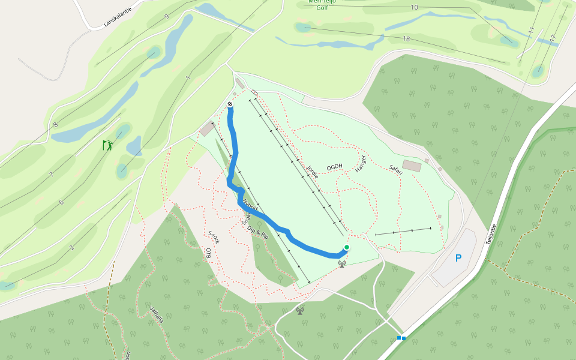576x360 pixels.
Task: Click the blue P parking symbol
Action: tap(458, 259)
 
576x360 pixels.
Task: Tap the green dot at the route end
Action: tap(346, 247)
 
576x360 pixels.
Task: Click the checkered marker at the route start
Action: tap(230, 104)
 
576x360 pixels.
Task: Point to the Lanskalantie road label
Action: tap(117, 16)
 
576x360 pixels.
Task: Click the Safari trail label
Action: tap(395, 169)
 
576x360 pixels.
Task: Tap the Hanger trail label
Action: tap(361, 164)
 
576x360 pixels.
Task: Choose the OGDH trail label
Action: tap(334, 167)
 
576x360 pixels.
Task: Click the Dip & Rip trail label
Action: tap(257, 232)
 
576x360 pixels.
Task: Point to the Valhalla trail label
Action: tap(157, 314)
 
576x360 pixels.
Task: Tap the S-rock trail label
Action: tap(214, 237)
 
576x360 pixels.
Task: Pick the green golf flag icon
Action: tap(107, 145)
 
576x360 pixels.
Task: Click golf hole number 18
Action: tap(406, 39)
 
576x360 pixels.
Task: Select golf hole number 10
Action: tap(414, 7)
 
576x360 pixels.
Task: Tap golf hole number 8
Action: tap(55, 125)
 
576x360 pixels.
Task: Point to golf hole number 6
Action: tap(61, 202)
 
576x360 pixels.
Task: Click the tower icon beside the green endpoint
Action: tap(342, 263)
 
